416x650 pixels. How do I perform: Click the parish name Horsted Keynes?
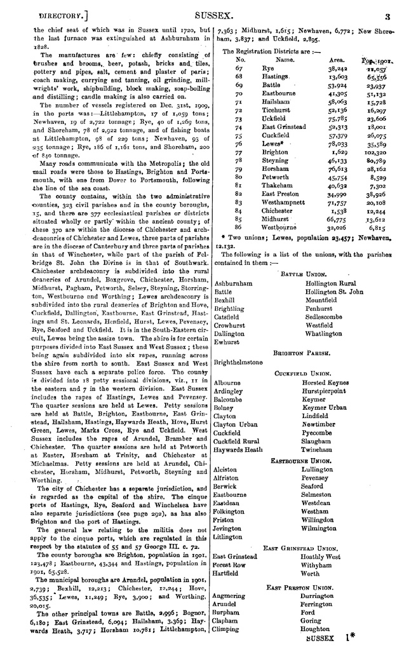(325, 383)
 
